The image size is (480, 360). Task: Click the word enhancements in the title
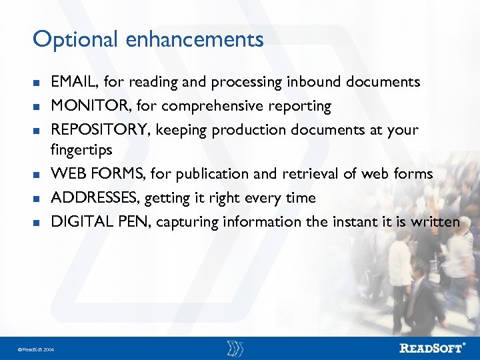(x=193, y=40)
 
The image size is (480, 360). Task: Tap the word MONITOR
(x=90, y=106)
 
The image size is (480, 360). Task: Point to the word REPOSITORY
(x=103, y=129)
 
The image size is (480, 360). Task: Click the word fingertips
(x=81, y=149)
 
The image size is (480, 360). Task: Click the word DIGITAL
(x=83, y=221)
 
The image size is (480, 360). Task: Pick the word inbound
(x=311, y=82)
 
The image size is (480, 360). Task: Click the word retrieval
(x=313, y=174)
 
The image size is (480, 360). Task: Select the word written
(x=437, y=221)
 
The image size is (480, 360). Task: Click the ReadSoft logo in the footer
(x=432, y=348)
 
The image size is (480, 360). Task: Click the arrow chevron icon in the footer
(x=235, y=348)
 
